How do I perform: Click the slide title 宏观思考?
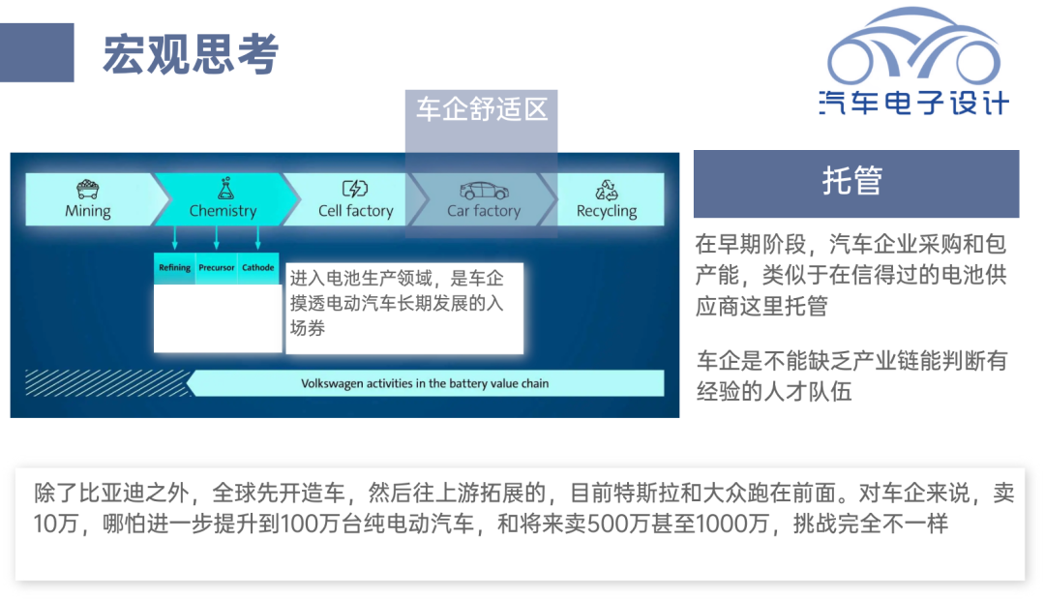(190, 53)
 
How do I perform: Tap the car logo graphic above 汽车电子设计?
(913, 46)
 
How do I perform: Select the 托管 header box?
(855, 183)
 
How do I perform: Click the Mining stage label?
(88, 211)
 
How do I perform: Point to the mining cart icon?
(88, 190)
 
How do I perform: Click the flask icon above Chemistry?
(225, 188)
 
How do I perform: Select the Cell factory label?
(356, 211)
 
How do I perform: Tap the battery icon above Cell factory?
(355, 189)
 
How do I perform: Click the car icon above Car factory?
(485, 191)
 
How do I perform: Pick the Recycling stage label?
(607, 211)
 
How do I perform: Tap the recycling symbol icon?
(607, 190)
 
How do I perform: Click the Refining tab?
(174, 268)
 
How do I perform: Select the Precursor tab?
(217, 268)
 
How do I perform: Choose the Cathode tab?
(258, 268)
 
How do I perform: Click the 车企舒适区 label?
(482, 109)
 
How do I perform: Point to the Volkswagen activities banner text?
(425, 383)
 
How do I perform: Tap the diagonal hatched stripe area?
(107, 382)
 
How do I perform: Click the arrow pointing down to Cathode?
(258, 238)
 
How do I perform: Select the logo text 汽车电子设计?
(913, 103)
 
